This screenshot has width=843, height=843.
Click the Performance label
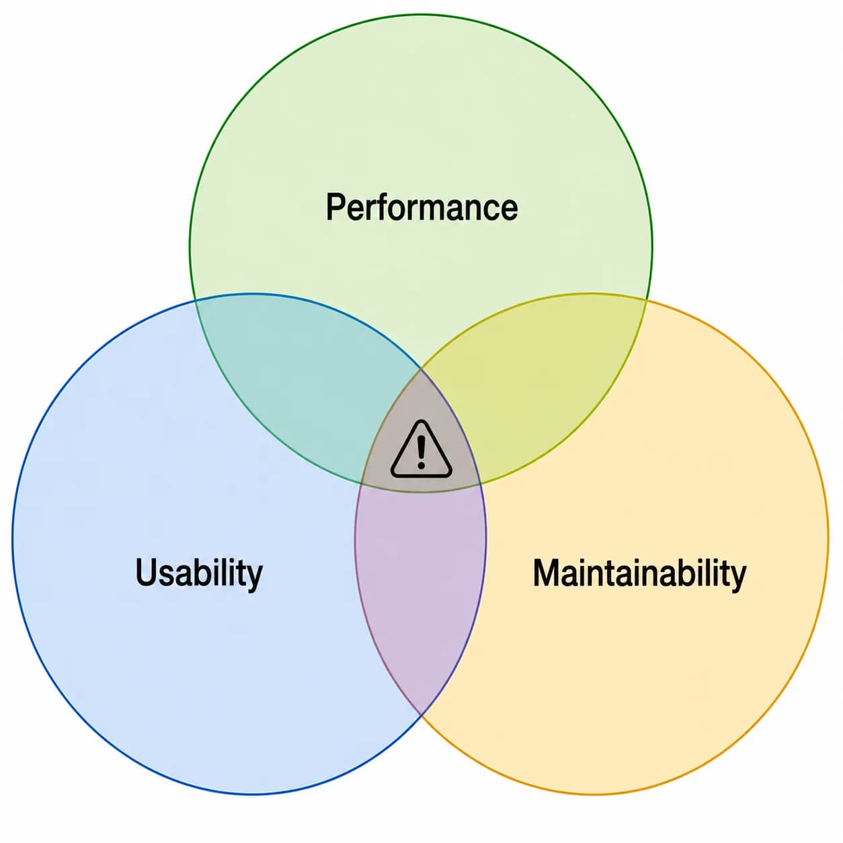point(421,206)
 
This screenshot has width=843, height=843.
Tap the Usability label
point(199,574)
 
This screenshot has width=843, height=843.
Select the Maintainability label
point(639,574)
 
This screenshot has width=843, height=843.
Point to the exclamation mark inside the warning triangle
point(421,453)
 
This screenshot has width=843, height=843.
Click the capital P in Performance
point(335,206)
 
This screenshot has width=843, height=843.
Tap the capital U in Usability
point(146,572)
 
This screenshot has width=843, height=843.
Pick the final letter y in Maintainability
point(737,578)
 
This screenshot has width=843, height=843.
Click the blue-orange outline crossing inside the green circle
point(421,369)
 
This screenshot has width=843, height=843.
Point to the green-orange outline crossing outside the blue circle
point(647,300)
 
